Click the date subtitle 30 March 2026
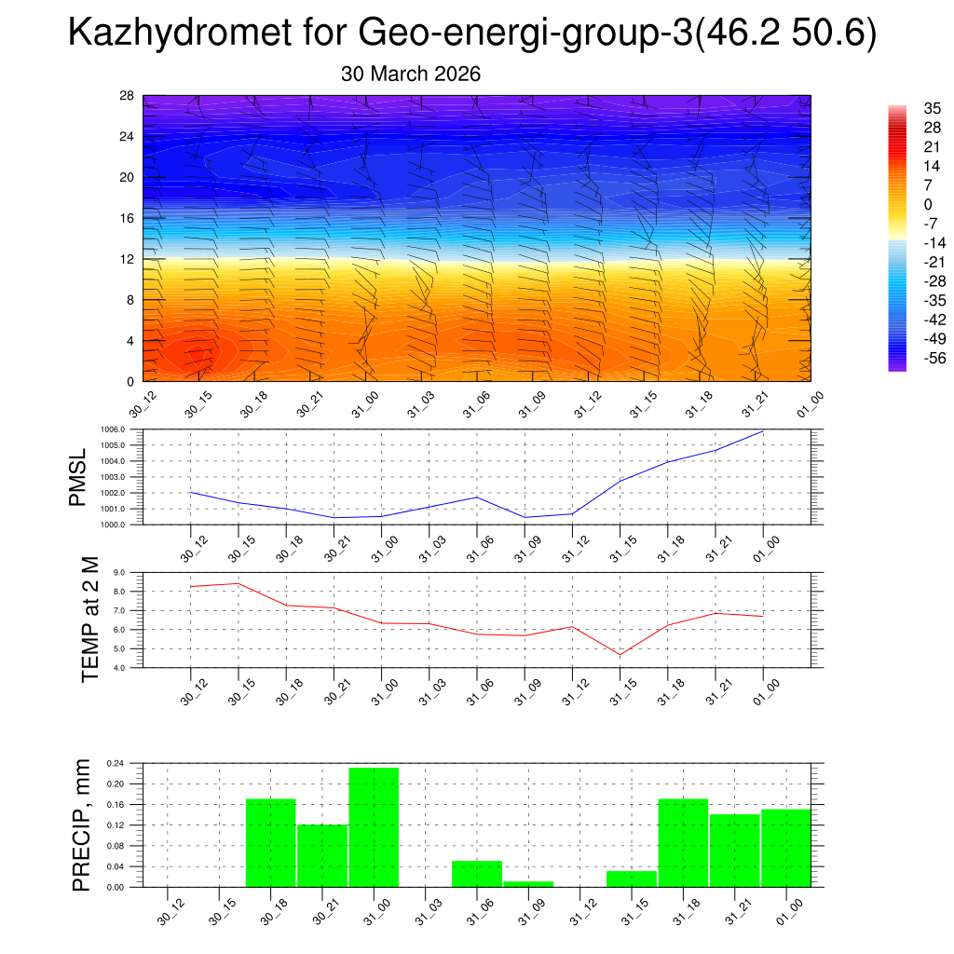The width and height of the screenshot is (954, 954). [411, 74]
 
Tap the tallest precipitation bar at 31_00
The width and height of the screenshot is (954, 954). [374, 826]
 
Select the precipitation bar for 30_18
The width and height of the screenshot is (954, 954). [270, 842]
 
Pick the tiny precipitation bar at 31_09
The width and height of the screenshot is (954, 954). [528, 883]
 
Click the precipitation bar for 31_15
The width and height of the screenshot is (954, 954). [631, 879]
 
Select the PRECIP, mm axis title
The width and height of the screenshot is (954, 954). [83, 825]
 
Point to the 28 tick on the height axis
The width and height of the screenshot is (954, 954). [128, 96]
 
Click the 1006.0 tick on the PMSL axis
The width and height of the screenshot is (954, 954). [128, 429]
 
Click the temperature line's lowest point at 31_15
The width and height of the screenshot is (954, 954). [620, 655]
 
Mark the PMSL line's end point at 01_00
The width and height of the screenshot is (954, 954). [763, 431]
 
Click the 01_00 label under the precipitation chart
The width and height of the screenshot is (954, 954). [787, 910]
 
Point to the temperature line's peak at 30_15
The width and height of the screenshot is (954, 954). [238, 583]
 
